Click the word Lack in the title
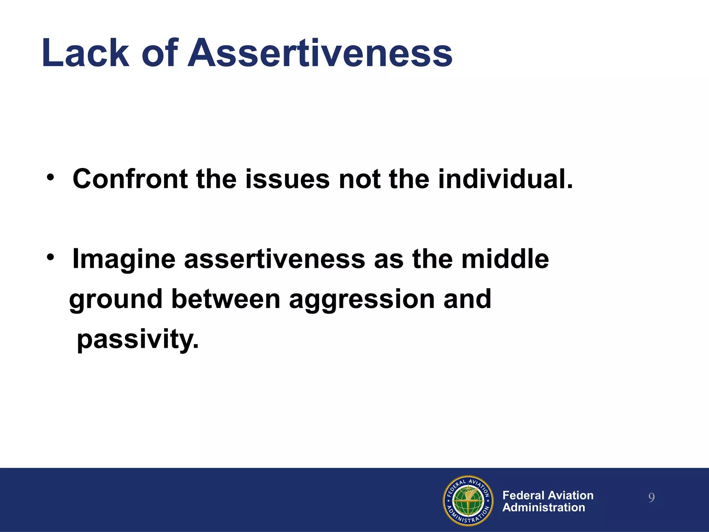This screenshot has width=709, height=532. pyautogui.click(x=85, y=53)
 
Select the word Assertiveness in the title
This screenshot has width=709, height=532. pyautogui.click(x=320, y=53)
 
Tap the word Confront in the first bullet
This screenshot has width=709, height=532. pyautogui.click(x=130, y=179)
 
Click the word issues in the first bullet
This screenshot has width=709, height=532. pyautogui.click(x=287, y=179)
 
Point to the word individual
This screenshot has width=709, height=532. pyautogui.click(x=505, y=179)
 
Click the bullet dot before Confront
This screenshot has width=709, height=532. pyautogui.click(x=51, y=178)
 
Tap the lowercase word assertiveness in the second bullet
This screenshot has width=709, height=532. pyautogui.click(x=275, y=259)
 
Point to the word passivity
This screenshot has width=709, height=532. pyautogui.click(x=137, y=339)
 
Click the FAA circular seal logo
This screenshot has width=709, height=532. pyautogui.click(x=468, y=500)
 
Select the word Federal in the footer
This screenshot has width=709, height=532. pyautogui.click(x=523, y=495)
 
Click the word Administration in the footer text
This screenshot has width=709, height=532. pyautogui.click(x=544, y=507)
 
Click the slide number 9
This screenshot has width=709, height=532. pyautogui.click(x=651, y=498)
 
